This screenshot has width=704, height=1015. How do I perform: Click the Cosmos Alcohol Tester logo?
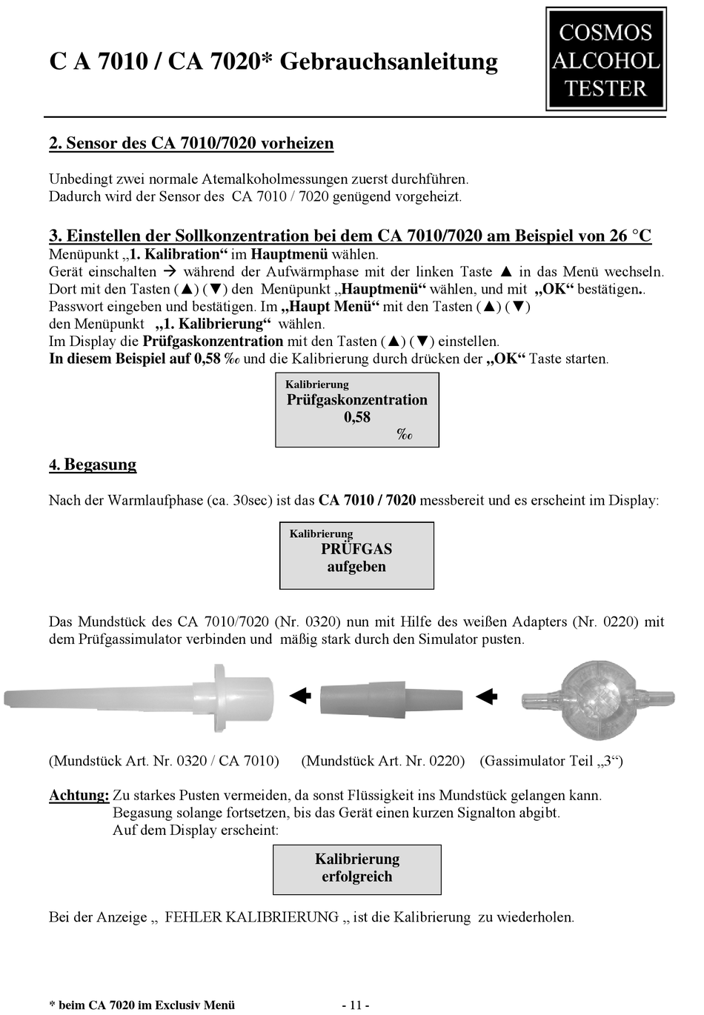[x=605, y=59]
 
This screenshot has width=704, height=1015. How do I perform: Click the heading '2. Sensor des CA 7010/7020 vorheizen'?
[x=191, y=143]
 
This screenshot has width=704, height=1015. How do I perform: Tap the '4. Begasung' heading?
[x=93, y=465]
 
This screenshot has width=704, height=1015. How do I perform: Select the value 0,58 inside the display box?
[x=357, y=417]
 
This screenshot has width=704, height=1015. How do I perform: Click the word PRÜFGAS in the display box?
[x=356, y=549]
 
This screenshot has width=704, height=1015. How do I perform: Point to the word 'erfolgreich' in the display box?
[x=357, y=876]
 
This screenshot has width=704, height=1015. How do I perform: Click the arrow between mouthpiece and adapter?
[x=299, y=696]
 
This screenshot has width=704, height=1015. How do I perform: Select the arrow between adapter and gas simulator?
[x=486, y=696]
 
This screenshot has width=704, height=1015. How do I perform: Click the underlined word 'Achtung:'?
[x=79, y=796]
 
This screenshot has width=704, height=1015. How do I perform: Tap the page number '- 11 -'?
[x=355, y=1005]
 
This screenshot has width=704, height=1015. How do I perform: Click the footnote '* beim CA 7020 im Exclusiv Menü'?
[x=142, y=1005]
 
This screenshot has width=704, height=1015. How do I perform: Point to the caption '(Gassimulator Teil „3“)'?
[x=551, y=761]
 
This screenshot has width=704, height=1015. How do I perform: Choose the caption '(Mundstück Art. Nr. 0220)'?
[x=383, y=761]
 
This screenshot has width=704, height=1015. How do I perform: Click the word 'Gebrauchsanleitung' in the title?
[x=389, y=61]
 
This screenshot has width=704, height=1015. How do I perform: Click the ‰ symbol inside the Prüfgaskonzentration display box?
[x=405, y=435]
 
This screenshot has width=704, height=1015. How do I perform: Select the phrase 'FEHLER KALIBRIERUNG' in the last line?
[x=251, y=917]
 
